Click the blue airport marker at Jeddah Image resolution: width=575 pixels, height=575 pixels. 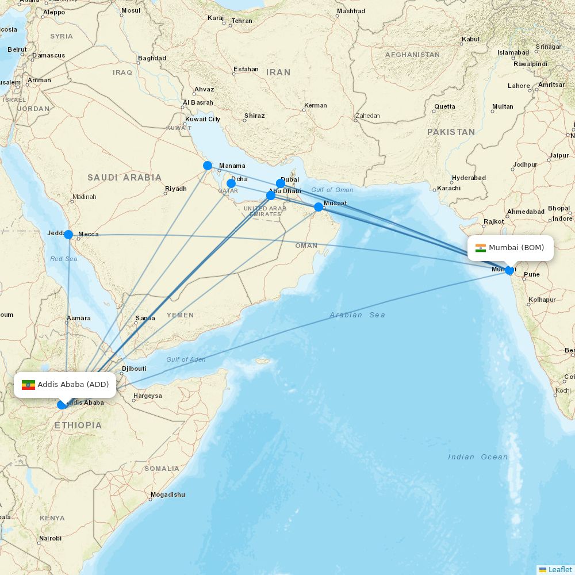68,234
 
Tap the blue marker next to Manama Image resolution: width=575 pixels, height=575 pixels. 208,166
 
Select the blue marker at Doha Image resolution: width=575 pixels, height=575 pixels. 231,183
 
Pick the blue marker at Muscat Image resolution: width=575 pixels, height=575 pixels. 319,207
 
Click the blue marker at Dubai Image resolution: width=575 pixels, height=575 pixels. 281,183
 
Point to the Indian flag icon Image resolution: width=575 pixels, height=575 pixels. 481,248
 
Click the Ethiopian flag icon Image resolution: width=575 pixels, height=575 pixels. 28,385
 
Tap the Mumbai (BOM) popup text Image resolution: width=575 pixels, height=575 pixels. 516,248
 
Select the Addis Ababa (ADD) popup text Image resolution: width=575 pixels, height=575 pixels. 73,384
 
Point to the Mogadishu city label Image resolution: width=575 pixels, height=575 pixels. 168,494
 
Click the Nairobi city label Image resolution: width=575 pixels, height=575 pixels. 50,538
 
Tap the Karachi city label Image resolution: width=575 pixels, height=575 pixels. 448,188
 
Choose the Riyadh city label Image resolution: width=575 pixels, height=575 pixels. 176,189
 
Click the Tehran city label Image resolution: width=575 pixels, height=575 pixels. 241,21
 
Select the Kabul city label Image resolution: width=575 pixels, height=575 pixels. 470,40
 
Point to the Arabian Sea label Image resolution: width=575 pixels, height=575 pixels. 357,315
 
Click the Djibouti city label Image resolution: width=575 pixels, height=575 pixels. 134,369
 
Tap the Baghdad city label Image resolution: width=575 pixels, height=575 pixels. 152,58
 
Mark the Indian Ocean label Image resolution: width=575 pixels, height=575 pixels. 478,457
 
